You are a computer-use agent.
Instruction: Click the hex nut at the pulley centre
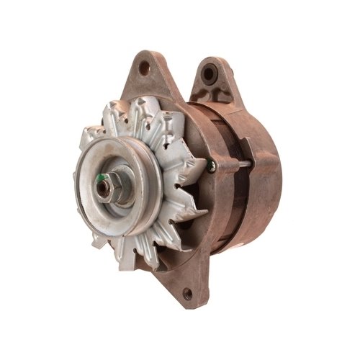tap(107, 189)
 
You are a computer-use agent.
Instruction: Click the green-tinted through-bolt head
tap(210, 166)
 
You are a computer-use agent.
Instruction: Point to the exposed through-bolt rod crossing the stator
tap(234, 166)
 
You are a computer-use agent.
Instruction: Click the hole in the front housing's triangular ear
tap(145, 69)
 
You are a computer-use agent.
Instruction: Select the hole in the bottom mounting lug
tap(188, 292)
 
